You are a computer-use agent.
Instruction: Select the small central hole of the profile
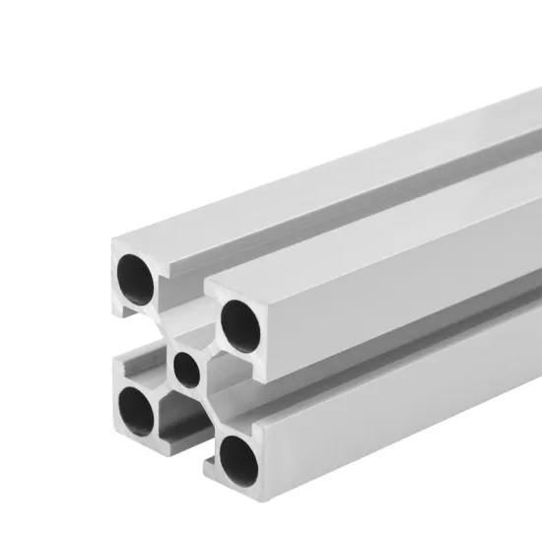184,369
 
